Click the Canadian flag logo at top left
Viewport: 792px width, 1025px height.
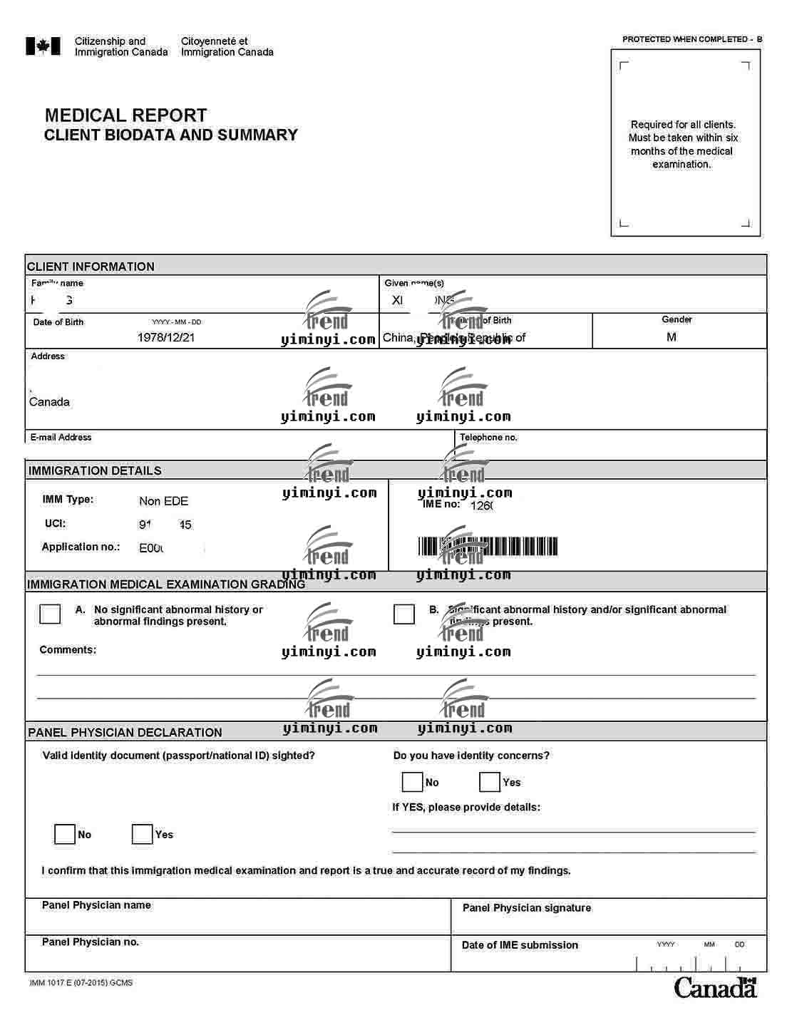[43, 46]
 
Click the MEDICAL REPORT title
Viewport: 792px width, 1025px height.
[125, 115]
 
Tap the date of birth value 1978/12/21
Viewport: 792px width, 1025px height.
[165, 337]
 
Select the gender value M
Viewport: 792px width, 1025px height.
[671, 336]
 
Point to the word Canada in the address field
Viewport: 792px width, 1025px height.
[49, 402]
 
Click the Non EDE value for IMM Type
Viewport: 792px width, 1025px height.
[163, 501]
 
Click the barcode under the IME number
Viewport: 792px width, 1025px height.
[488, 547]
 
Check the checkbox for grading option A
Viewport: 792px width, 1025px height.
[50, 614]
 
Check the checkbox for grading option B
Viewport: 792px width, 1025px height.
[404, 614]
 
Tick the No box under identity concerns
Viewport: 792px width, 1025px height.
[412, 782]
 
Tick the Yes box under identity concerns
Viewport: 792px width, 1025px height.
[490, 782]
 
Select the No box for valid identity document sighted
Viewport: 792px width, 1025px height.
[65, 834]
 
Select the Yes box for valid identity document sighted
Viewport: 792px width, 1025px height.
[142, 834]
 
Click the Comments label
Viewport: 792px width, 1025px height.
[68, 649]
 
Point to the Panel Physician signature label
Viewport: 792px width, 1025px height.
[526, 907]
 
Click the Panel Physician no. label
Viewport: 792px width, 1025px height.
[90, 942]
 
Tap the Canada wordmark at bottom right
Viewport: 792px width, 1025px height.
[715, 987]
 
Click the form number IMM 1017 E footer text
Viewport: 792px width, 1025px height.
[81, 982]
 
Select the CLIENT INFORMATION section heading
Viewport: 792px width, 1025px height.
[91, 267]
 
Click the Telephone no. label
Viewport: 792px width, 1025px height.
[488, 437]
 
